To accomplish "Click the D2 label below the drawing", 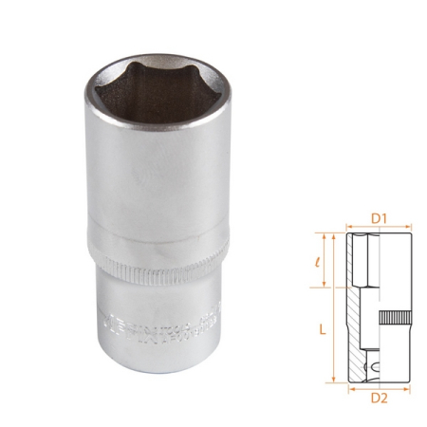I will (379, 399).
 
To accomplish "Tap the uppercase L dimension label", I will (324, 327).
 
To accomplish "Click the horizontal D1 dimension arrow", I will (379, 228).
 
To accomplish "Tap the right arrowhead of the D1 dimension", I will (410, 228).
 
